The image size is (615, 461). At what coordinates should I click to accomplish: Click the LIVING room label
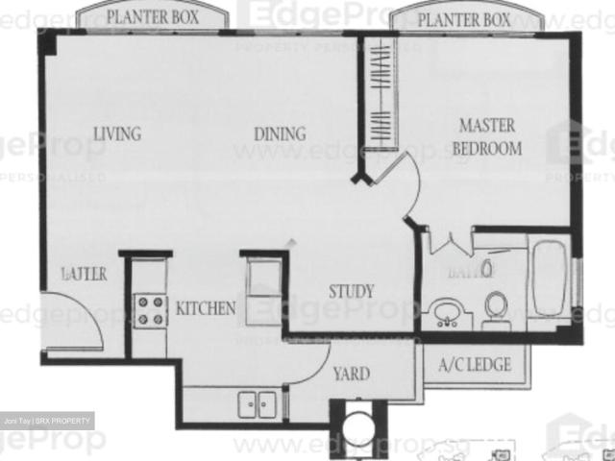pos(117,133)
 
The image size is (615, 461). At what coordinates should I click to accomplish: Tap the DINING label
pos(280,134)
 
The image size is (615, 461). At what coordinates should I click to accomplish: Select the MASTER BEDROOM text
pos(487,137)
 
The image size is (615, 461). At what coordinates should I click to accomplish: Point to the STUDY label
pos(352,291)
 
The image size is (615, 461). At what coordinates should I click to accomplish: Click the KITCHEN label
pos(205,308)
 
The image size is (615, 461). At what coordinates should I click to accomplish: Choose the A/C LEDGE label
pos(469,365)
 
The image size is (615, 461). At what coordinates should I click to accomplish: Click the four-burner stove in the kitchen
pos(149,310)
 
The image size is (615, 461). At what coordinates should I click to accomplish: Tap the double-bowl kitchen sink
pos(255,404)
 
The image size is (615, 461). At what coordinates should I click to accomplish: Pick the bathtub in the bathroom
pos(550,279)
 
